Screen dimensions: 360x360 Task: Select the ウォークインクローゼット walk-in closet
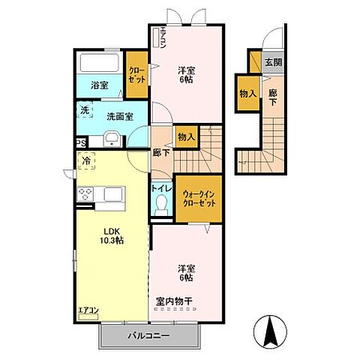tap(199, 199)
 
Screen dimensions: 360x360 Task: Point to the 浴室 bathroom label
tap(99, 85)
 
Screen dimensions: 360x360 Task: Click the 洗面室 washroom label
tap(118, 116)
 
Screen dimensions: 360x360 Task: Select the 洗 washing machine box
tap(85, 111)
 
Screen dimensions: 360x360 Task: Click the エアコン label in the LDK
tap(88, 310)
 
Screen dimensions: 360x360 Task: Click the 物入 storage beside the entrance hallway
tap(247, 94)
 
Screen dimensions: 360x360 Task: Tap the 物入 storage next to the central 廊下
tap(186, 136)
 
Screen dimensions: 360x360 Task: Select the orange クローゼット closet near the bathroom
tap(136, 73)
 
